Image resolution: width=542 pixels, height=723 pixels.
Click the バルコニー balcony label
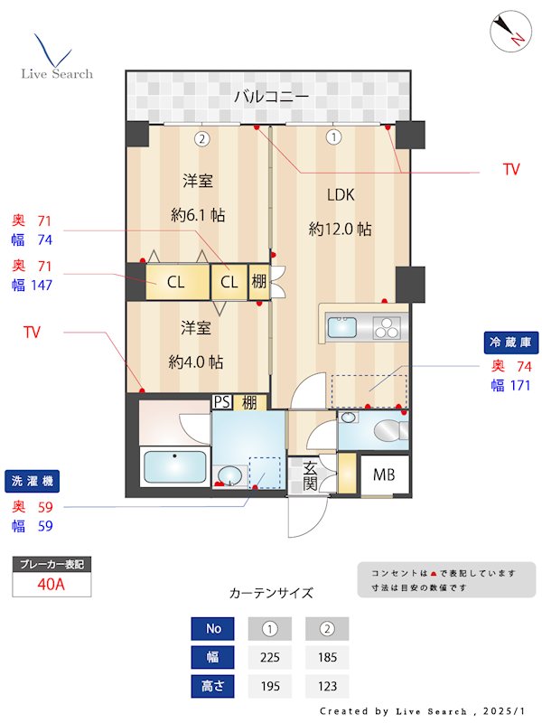click(x=271, y=96)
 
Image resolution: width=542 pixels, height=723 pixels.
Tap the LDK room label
click(x=341, y=194)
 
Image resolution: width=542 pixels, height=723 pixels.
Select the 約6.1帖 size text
click(x=198, y=215)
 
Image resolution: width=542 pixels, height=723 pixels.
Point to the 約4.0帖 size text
click(x=196, y=361)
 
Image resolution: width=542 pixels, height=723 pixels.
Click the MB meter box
click(x=384, y=474)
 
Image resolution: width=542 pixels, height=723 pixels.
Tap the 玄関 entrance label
click(x=310, y=475)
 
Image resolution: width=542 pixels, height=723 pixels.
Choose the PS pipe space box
click(x=221, y=402)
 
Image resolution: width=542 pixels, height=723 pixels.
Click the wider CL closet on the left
click(x=175, y=282)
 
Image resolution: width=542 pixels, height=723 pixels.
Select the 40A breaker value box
click(x=51, y=584)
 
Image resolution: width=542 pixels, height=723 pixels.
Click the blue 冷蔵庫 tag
click(x=512, y=343)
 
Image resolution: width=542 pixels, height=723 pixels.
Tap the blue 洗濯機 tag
click(x=30, y=481)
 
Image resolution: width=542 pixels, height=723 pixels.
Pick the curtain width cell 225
click(x=269, y=657)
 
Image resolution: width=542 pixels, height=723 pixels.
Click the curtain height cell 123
click(x=326, y=686)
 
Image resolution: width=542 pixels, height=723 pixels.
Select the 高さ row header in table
click(x=213, y=686)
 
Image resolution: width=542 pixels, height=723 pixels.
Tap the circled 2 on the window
click(x=201, y=138)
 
